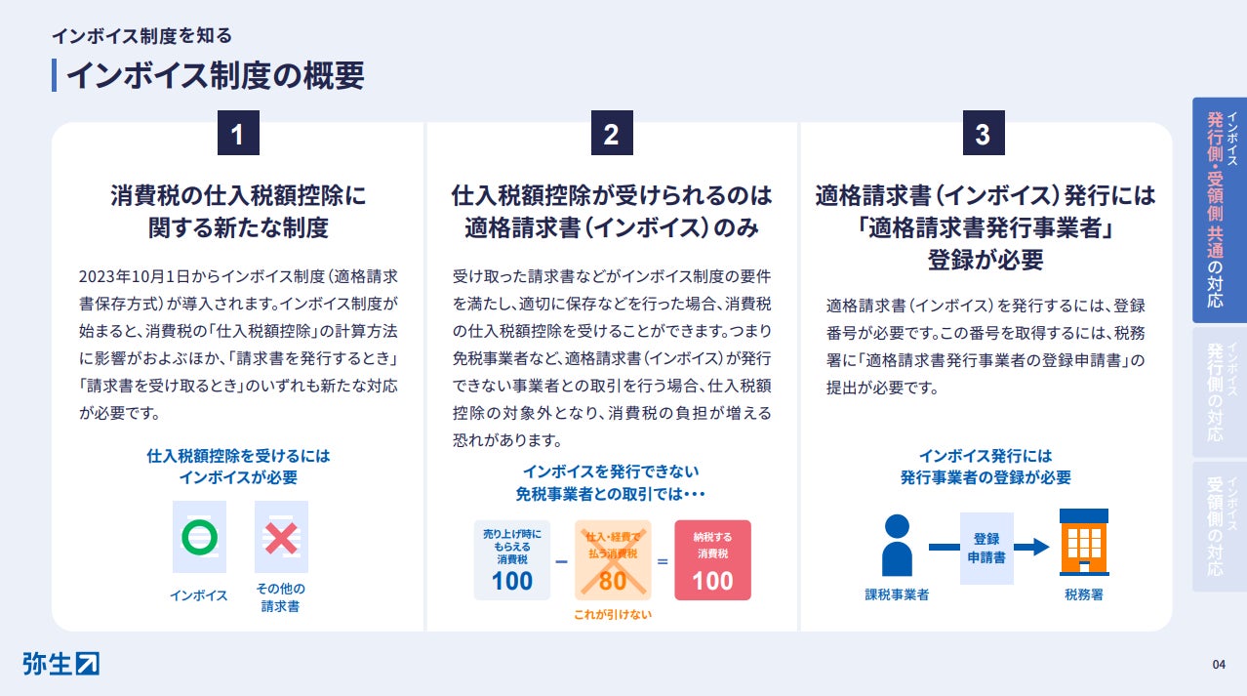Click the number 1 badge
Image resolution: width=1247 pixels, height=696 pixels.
[238, 134]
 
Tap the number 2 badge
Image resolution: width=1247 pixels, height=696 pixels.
[612, 134]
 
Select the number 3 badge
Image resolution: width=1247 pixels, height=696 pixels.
[983, 134]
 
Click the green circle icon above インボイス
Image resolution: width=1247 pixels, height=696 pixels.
[199, 536]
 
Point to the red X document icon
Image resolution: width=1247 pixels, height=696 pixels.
[281, 536]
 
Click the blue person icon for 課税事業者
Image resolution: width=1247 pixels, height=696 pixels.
[896, 546]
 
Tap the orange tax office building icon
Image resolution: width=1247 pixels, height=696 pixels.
[1083, 542]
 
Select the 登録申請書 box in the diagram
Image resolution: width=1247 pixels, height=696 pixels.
[986, 548]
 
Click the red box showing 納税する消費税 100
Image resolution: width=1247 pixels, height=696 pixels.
[712, 559]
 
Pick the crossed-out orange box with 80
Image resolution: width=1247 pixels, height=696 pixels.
[613, 559]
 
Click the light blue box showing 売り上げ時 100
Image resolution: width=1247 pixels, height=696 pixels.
[512, 559]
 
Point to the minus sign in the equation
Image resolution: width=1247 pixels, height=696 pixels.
[561, 562]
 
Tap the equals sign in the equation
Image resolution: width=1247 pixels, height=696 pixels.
[662, 562]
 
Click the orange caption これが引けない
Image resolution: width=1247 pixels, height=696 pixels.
[613, 614]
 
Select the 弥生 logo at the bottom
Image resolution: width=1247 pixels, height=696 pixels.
[60, 663]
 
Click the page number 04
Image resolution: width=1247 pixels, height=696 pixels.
[1219, 665]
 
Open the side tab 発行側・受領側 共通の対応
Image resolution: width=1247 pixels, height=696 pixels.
[1219, 210]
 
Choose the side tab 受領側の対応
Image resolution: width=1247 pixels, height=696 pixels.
[1219, 526]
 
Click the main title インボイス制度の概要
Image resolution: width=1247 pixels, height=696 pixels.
[215, 75]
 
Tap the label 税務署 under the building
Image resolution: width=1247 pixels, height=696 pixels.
[1083, 594]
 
